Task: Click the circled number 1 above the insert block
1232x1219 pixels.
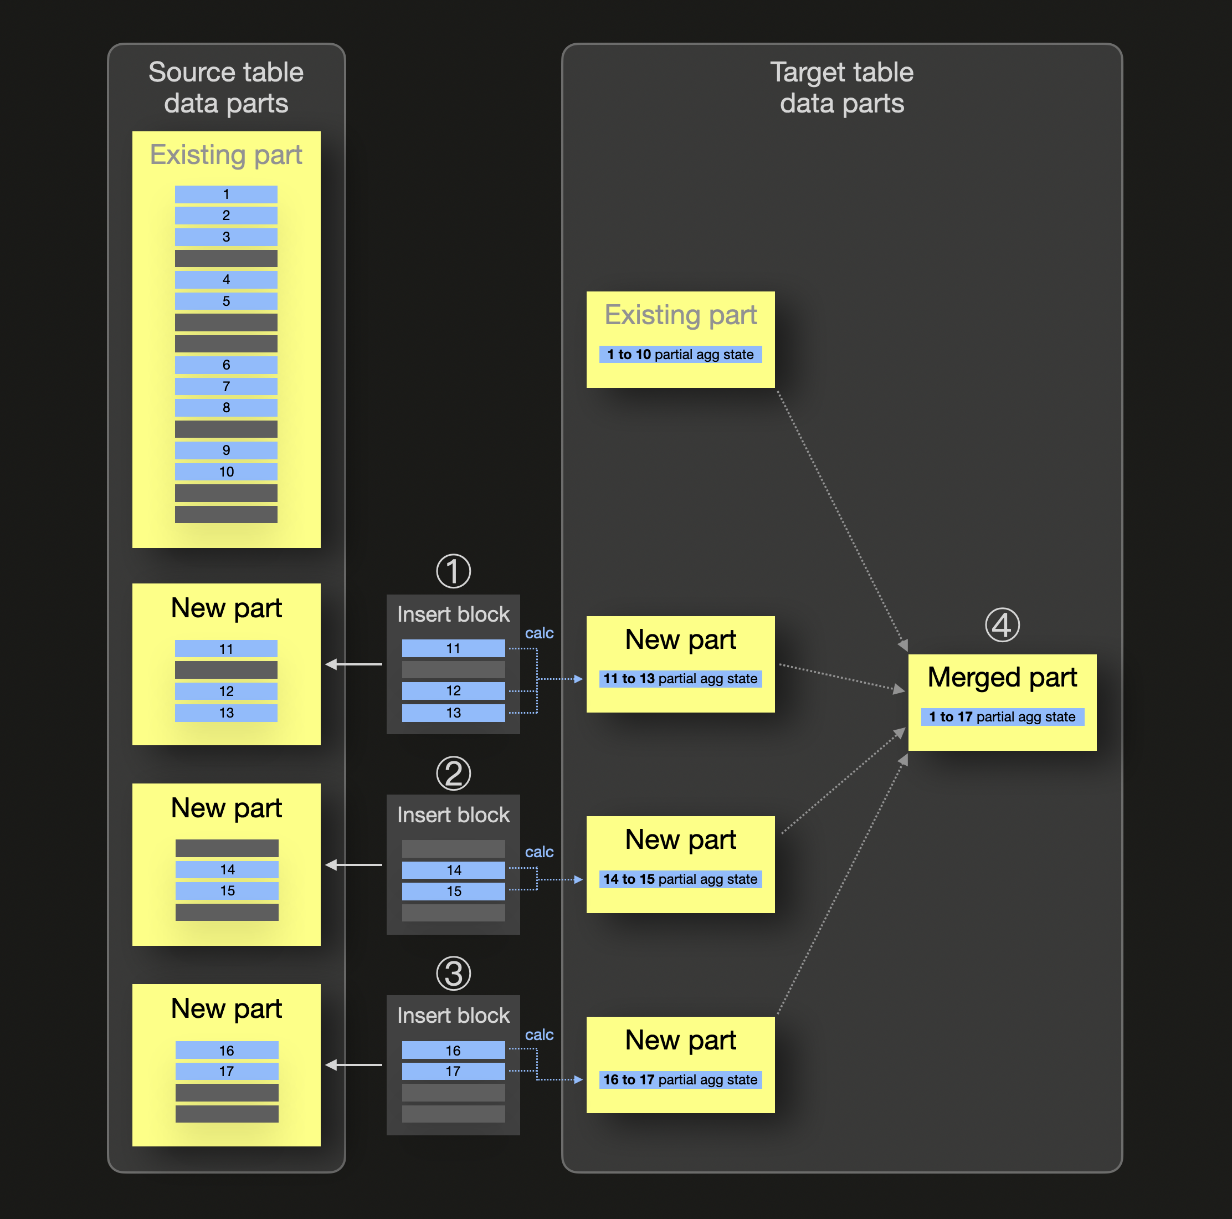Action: coord(453,571)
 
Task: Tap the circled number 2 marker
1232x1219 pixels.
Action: coord(453,773)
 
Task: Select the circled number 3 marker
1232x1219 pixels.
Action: coord(453,974)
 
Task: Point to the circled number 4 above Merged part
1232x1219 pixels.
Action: coord(1002,625)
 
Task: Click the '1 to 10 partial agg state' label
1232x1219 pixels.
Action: coord(680,355)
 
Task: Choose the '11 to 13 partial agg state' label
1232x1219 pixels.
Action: coord(680,679)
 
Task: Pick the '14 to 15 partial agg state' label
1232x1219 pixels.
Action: coord(680,879)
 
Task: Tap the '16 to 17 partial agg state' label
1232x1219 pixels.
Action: coord(680,1079)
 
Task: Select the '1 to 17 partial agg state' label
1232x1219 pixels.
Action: coord(1002,717)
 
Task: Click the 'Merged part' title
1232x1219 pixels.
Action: coord(1002,678)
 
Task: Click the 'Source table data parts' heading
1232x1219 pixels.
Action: coord(227,88)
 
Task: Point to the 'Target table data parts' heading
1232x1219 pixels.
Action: coord(842,88)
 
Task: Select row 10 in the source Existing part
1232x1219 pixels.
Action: coord(227,472)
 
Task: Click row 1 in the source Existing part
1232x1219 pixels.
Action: coord(227,194)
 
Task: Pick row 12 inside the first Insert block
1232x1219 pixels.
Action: coord(453,691)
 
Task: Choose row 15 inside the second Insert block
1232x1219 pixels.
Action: coord(453,891)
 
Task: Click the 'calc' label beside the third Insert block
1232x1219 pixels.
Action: coord(539,1034)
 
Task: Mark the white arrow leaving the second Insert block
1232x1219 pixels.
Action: coord(354,865)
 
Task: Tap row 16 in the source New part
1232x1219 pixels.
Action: coord(227,1050)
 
